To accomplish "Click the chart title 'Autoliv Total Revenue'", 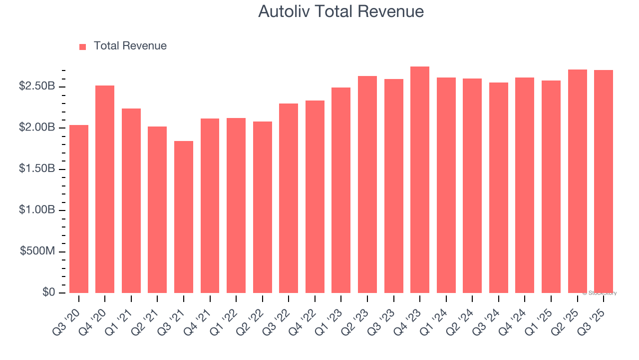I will [x=341, y=11].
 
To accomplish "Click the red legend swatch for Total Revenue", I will [x=83, y=46].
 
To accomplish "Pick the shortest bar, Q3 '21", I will [x=184, y=217].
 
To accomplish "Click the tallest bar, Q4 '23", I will [x=420, y=180].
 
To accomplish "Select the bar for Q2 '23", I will [x=367, y=184].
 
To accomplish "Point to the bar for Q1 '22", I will [x=236, y=205].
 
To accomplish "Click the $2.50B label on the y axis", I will [x=37, y=86].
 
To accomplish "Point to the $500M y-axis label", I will [x=38, y=251].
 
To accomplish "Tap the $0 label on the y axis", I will [x=48, y=292].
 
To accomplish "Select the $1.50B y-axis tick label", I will [x=37, y=169].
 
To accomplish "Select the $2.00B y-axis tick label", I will [x=37, y=127].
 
